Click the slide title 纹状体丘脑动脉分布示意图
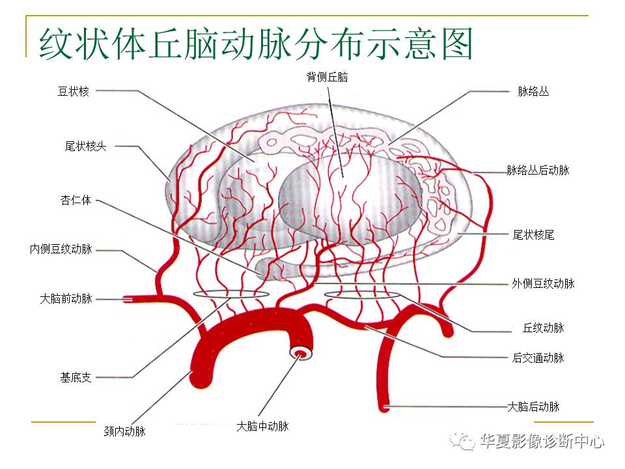pos(256,44)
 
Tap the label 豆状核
pos(73,91)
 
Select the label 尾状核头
pos(85,147)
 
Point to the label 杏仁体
pos(76,201)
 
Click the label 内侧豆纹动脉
pos(61,249)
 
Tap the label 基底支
pos(76,377)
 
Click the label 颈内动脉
pos(125,431)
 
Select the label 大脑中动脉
pos(262,427)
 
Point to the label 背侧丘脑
pos(327,78)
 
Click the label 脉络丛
pos(533,92)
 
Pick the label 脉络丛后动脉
pos(538,170)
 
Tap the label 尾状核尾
pos(533,234)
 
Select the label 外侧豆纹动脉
pos(543,283)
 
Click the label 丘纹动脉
pos(543,328)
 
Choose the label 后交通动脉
pos(538,358)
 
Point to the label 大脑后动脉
pos(533,406)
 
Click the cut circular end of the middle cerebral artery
pos(301,354)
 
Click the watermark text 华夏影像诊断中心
pos(542,442)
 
